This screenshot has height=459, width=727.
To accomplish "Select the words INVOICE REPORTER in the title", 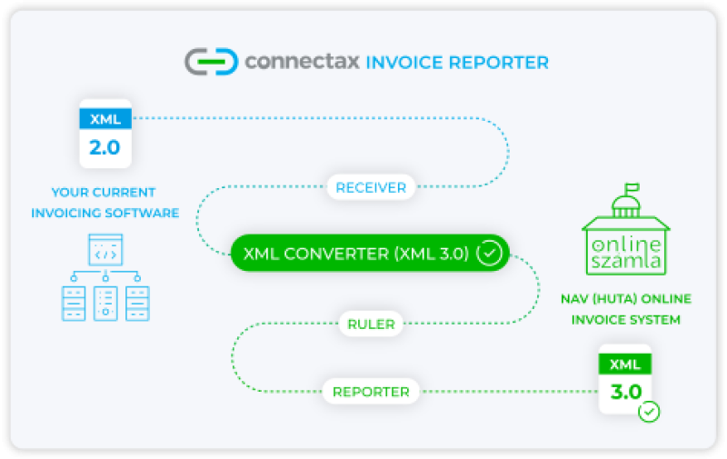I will pos(457,63).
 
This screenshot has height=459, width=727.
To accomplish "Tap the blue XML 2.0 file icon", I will pos(105,135).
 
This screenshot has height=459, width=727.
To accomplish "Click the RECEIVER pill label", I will pos(371,187).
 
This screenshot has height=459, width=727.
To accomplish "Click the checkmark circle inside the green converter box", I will pos(490,253).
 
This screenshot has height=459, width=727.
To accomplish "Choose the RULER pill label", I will pos(371,323).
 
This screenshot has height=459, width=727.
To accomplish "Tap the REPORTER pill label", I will pos(371,392).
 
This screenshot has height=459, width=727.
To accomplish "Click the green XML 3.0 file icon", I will pos(624,380).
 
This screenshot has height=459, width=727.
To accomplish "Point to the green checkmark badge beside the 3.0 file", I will pos(649,412).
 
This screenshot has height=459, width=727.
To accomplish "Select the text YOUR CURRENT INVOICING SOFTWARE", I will pos(105,203).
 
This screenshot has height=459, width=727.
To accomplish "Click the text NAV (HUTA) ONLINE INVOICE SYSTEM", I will pos(625,309).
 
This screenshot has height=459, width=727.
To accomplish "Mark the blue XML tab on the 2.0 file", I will pos(105,118).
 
